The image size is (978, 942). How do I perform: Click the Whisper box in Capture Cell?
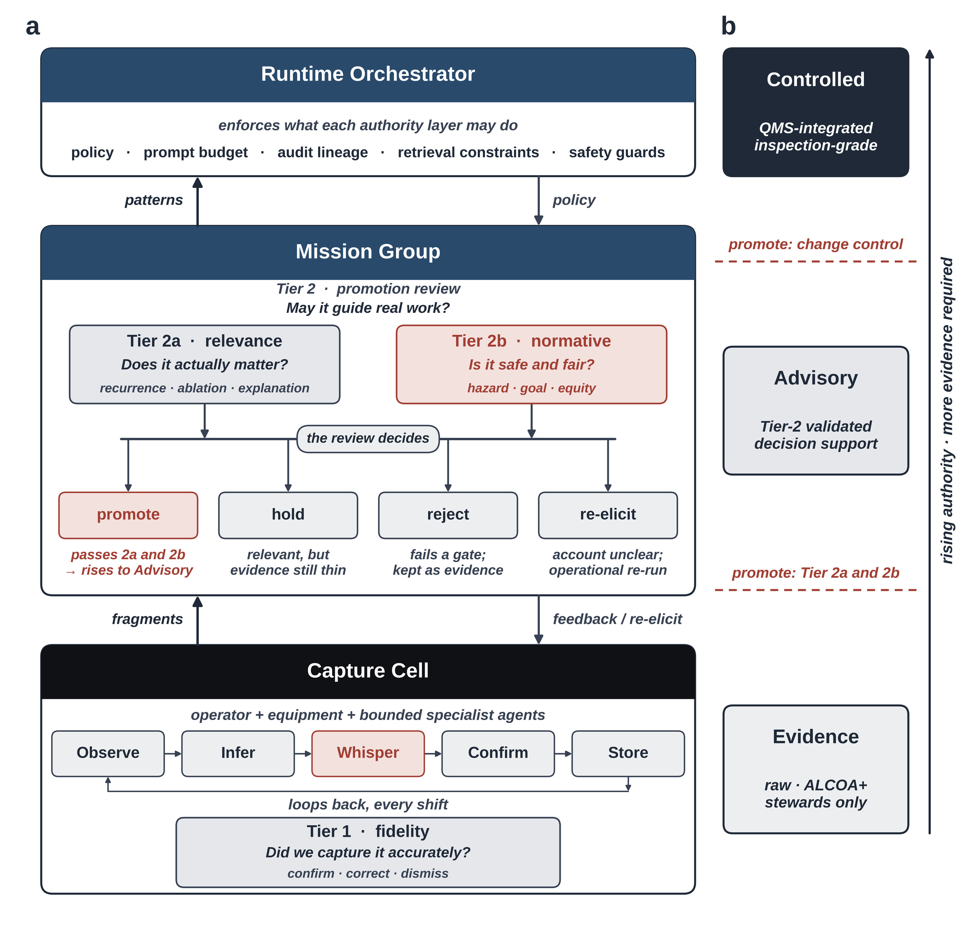point(368,753)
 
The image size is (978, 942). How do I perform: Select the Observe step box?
point(108,753)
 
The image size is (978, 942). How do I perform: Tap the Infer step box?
point(238,753)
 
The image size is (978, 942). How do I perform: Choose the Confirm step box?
point(498,753)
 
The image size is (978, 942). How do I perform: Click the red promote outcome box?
point(128,515)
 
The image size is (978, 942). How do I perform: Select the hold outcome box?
point(288,515)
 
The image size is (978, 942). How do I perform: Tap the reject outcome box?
point(448,515)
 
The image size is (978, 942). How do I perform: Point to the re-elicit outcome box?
point(608,515)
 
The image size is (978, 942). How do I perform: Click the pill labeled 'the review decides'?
point(368,438)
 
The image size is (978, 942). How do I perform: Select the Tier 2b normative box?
point(531,364)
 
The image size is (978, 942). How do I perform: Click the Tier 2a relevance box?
point(205,364)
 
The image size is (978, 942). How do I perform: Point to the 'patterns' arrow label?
point(154,200)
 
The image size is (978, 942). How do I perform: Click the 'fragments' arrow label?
point(147,619)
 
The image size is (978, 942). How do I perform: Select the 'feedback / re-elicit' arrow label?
point(617,619)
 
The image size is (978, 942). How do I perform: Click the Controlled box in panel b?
point(815,112)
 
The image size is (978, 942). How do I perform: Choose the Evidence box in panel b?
point(815,769)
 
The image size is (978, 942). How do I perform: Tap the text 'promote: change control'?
point(815,244)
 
